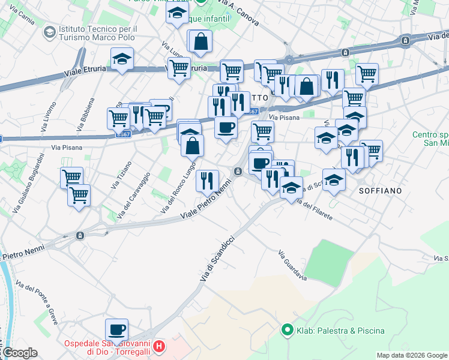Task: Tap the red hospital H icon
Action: coord(159,346)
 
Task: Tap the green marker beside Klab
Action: coord(288,330)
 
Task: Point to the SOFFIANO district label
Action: coord(379,190)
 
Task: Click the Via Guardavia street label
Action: coord(292,266)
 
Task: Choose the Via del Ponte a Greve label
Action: coord(37,303)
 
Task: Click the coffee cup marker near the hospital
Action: coord(116,329)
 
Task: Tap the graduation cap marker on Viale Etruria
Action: coord(122,59)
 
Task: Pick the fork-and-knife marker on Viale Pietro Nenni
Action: coord(207,180)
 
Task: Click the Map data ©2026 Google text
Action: coord(412,355)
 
